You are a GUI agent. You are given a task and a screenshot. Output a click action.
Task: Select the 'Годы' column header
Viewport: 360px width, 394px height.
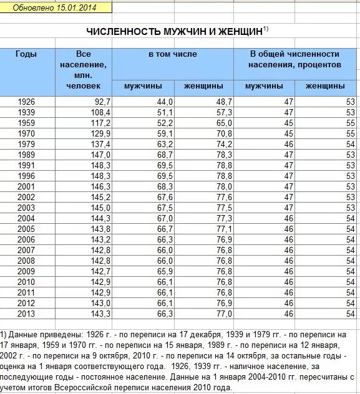pyautogui.click(x=26, y=54)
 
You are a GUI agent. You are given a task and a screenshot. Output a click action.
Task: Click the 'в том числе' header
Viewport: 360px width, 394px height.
pyautogui.click(x=172, y=54)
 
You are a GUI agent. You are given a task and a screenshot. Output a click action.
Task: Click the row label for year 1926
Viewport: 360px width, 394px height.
pyautogui.click(x=26, y=102)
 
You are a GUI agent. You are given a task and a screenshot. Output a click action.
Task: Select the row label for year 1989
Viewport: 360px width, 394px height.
pyautogui.click(x=26, y=154)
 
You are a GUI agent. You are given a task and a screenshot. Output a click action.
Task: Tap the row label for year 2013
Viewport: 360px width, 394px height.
pyautogui.click(x=26, y=313)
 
